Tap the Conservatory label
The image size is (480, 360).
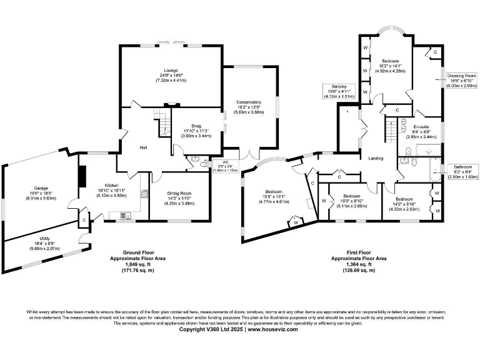(x=249, y=102)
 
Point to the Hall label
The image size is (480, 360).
(x=143, y=148)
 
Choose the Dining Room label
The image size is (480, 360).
(x=179, y=194)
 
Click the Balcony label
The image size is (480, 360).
(x=331, y=86)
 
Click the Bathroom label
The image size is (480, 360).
(x=462, y=167)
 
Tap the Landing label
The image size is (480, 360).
(x=376, y=158)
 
